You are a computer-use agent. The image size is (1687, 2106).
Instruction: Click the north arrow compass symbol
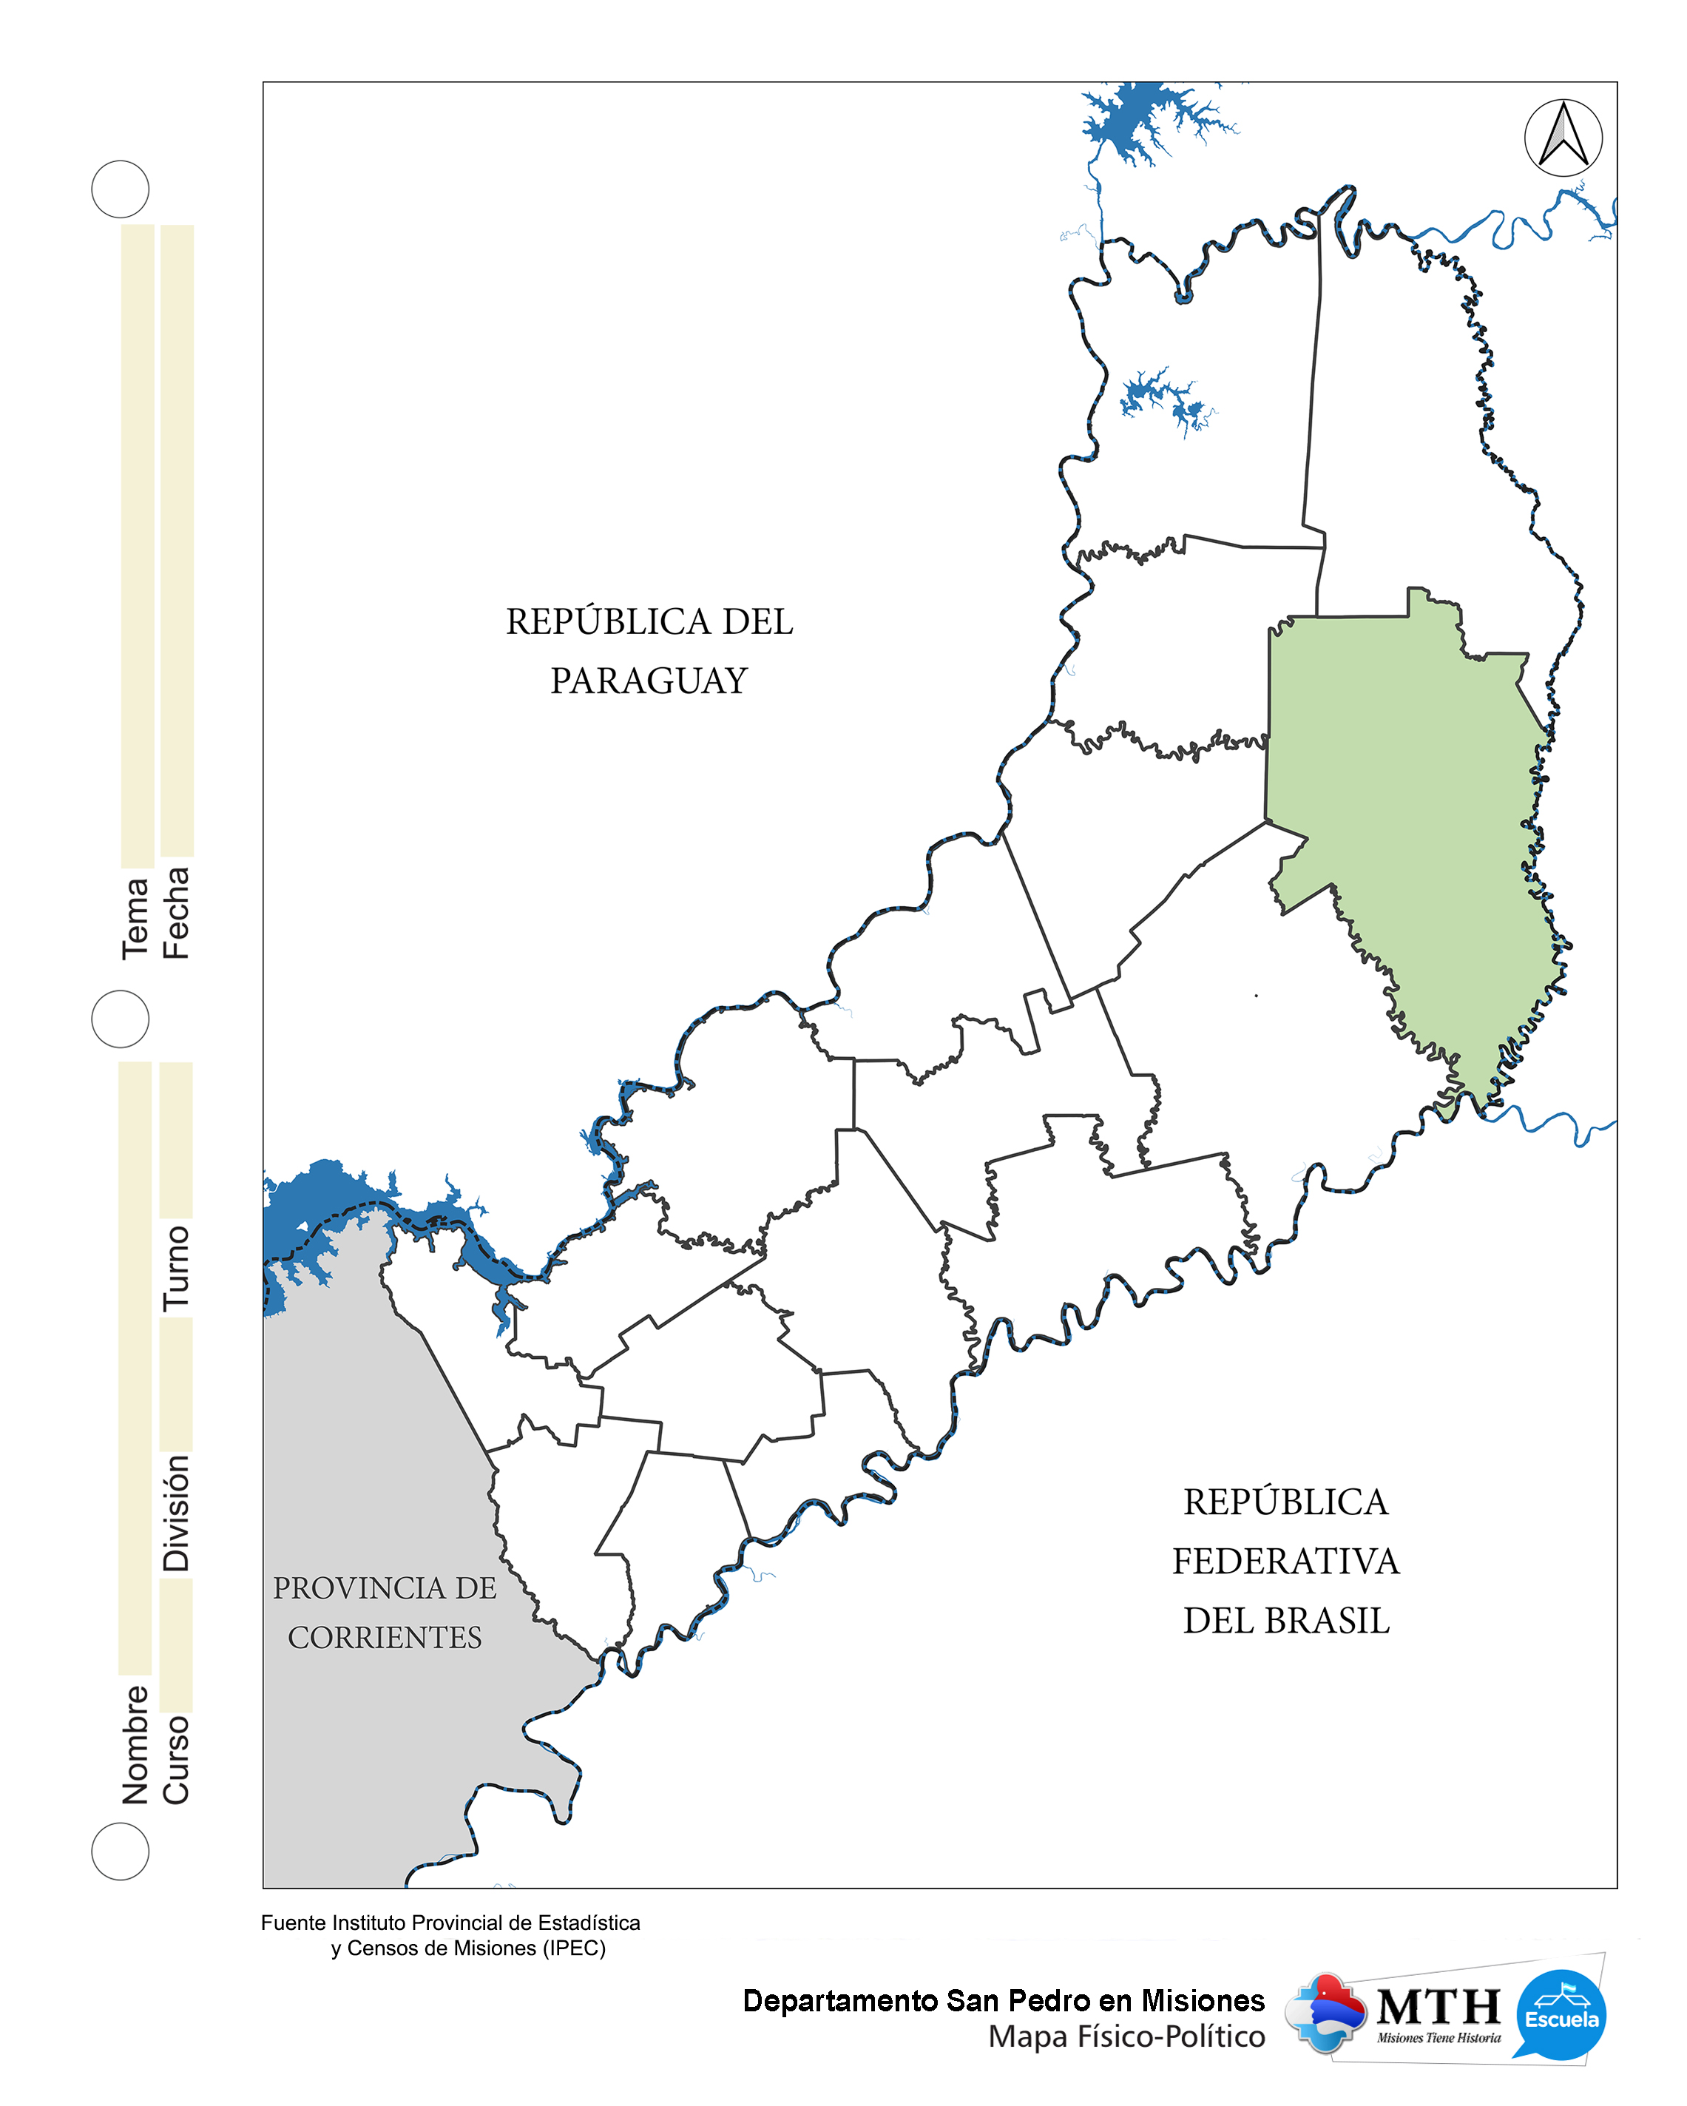1562,138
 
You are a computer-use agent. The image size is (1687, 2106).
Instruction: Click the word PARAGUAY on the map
649,681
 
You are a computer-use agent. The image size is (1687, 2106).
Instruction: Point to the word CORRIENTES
385,1637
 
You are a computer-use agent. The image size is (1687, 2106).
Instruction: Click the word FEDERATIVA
1285,1561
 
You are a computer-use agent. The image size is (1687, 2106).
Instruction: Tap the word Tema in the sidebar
136,918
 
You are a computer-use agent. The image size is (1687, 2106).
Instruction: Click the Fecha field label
176,914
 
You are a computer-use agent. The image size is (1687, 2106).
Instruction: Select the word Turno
176,1268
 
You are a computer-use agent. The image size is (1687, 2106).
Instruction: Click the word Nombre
136,1744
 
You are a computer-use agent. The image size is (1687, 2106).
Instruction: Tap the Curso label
176,1759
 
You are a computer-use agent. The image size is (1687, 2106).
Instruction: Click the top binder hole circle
120,189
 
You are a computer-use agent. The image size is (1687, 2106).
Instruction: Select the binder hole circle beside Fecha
120,1019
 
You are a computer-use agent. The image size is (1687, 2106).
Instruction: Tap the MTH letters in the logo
1438,2008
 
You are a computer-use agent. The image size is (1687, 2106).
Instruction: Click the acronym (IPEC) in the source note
575,1948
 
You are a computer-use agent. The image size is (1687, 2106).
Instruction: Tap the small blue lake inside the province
1167,400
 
